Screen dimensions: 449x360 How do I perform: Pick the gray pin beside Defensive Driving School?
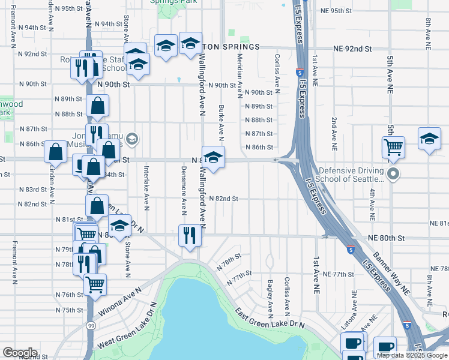(x=393, y=175)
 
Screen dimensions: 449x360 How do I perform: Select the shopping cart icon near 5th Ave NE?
(x=393, y=146)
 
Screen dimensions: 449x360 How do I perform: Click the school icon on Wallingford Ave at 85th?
(x=213, y=157)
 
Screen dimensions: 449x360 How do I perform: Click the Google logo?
(x=20, y=352)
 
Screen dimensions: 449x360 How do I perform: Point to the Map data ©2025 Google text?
(x=412, y=355)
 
